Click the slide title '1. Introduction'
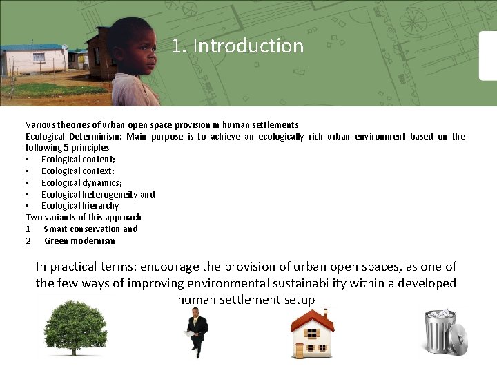pos(237,46)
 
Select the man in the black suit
pos(197,332)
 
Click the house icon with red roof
pos(311,333)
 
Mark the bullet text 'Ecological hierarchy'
pos(80,206)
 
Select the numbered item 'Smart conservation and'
pos(90,229)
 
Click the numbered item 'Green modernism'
pos(79,241)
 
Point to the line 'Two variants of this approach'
pos(84,218)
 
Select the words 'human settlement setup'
pos(246,300)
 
